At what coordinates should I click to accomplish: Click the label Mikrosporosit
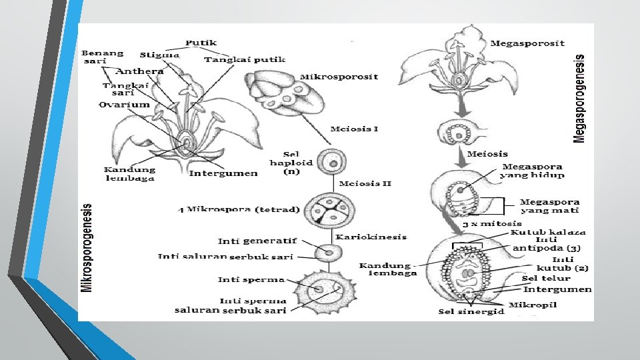(338, 77)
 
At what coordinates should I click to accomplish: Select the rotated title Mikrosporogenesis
(87, 247)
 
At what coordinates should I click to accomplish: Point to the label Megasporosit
(527, 43)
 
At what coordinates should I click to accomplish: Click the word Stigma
(159, 55)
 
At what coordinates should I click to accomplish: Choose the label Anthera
(139, 71)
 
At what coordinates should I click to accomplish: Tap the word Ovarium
(124, 105)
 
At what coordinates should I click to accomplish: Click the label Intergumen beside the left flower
(223, 173)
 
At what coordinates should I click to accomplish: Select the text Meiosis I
(354, 128)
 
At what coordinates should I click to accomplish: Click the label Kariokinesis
(371, 237)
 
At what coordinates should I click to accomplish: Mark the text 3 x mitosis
(493, 223)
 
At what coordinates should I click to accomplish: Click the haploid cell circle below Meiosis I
(331, 161)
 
